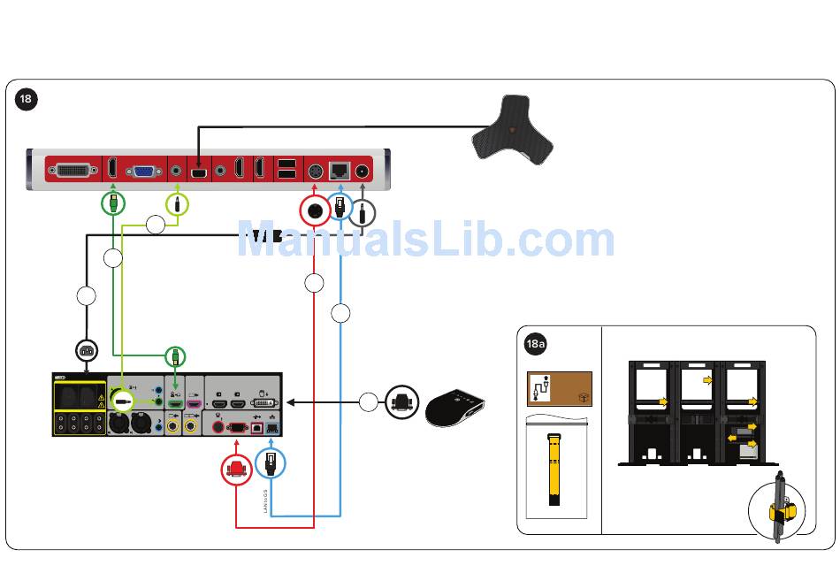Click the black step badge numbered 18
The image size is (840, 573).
coord(26,99)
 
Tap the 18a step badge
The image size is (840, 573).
coord(536,343)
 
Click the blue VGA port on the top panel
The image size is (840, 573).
coord(141,170)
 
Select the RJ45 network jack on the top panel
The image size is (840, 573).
coord(340,170)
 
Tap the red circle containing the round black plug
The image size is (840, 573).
coord(314,211)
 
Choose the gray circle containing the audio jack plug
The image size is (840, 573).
coord(363,212)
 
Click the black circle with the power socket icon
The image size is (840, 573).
coord(86,351)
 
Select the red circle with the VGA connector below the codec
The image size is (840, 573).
coord(236,469)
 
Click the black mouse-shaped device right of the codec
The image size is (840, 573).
coord(455,408)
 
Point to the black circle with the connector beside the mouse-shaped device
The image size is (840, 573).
coord(402,403)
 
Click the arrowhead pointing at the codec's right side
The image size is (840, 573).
coord(290,402)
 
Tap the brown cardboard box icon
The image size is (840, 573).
coord(559,389)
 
